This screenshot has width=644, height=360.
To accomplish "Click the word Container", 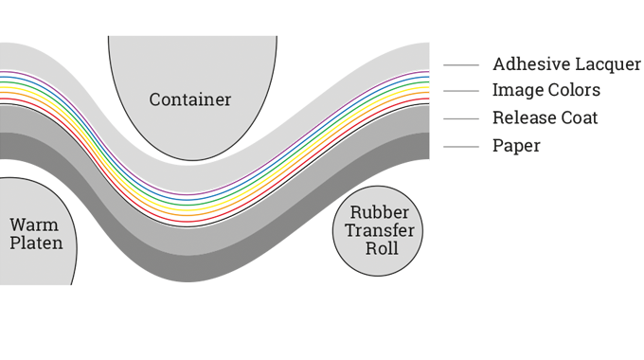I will point(189,99).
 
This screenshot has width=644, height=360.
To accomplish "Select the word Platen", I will point(36,243).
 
